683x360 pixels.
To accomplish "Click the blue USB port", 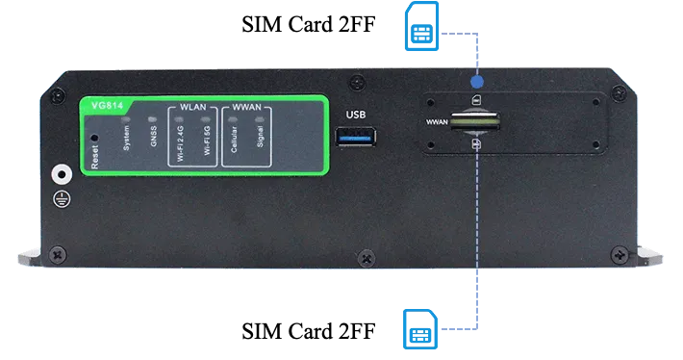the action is pos(355,137).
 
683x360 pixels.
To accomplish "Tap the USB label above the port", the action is pos(355,115).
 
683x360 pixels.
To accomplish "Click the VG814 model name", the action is pos(107,106).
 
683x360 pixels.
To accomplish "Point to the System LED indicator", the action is pos(126,118).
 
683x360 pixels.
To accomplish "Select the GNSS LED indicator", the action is pos(152,119).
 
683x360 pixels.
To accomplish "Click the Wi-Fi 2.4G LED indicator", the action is pos(179,119).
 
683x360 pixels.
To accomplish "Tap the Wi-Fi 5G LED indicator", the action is pos(206,119).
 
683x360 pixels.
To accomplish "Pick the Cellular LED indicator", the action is pos(233,119).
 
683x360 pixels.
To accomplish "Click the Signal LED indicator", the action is pos(260,119).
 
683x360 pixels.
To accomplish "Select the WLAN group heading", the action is pos(193,107).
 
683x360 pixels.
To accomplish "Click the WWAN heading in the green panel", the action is pos(246,107).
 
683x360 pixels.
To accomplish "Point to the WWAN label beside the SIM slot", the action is pos(437,122).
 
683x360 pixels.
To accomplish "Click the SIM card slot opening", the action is pos(475,121).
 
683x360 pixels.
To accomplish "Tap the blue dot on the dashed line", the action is pos(477,82).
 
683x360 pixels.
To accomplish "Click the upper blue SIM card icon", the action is pos(421,26).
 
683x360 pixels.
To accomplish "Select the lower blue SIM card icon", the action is pos(420,329).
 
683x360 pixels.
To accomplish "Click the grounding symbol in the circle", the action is pos(62,199).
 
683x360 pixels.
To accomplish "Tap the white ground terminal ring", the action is pos(62,175).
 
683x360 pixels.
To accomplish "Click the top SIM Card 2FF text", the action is pos(309,24).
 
